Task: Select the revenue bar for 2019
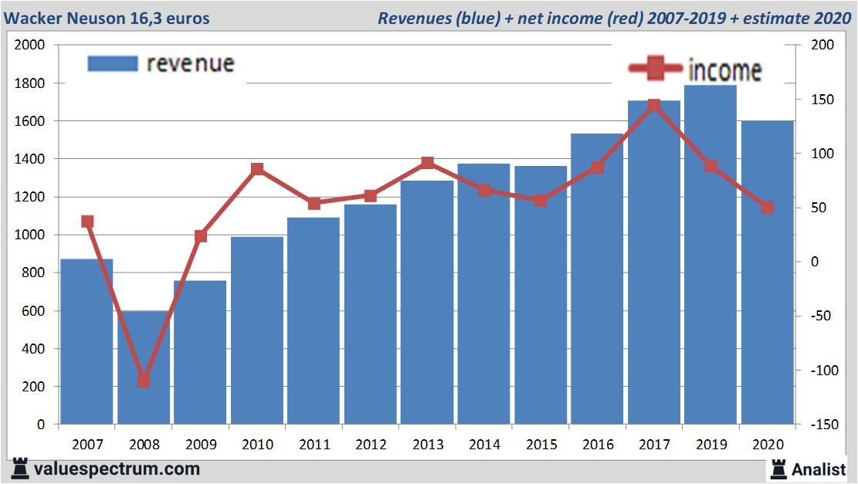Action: (x=710, y=255)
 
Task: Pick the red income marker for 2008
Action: (x=144, y=381)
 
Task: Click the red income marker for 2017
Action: (x=654, y=106)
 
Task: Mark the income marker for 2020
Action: (x=767, y=208)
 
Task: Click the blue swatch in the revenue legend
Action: (x=113, y=63)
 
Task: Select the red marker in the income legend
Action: (x=656, y=69)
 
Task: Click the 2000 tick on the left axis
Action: (x=30, y=46)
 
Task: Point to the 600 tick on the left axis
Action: (x=34, y=311)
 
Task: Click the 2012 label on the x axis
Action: (x=371, y=445)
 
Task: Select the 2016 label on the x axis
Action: (x=598, y=445)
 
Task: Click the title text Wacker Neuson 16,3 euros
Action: (x=107, y=18)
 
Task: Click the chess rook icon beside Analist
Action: (x=778, y=468)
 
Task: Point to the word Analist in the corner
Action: (x=819, y=469)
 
